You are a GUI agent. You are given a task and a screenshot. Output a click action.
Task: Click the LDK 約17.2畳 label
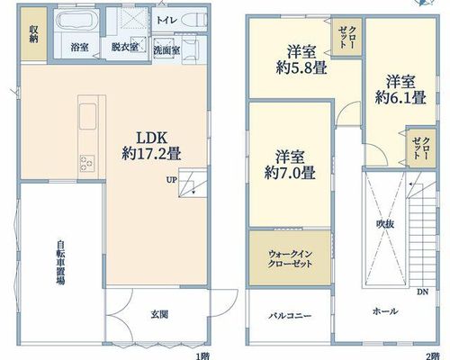point(151,146)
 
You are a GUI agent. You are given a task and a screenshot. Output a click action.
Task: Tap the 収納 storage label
point(33,33)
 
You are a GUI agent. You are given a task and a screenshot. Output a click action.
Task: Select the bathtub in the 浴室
point(78,20)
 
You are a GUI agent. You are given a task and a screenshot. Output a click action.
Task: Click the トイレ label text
point(166,20)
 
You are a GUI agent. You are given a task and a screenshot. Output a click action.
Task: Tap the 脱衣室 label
point(125,47)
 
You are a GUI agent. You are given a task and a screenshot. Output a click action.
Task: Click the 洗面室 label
point(166,50)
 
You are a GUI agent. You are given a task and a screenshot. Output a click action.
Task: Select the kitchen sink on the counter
point(88,116)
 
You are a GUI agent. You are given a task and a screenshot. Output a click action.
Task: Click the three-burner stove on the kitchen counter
point(87,164)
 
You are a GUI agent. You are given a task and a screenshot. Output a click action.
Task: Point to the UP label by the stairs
point(172,180)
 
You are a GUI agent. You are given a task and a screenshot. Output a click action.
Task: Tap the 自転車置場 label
point(60,263)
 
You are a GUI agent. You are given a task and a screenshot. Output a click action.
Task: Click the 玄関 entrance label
point(159,314)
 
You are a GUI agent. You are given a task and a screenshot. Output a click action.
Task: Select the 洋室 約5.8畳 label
point(301,59)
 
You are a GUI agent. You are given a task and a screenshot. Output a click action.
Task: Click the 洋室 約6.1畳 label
point(400,89)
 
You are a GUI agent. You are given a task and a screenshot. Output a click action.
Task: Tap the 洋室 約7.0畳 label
point(290,165)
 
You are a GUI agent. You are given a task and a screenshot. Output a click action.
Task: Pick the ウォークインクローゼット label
point(290,259)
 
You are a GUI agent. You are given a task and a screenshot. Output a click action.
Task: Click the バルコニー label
point(290,316)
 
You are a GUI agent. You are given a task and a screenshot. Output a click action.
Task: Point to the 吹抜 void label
point(385,224)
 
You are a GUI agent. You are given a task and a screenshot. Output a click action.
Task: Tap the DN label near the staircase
point(422,292)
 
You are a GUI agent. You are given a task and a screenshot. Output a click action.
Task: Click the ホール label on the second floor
point(385,311)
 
